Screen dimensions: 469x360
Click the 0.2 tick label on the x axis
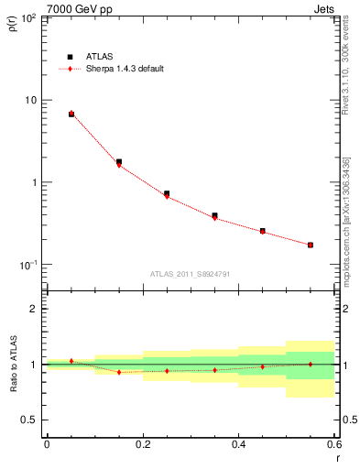142,444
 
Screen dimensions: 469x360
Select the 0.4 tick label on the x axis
238,444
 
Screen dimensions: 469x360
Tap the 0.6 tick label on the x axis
333,444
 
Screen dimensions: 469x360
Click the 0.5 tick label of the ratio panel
29,420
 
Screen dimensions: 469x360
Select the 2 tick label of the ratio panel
34,309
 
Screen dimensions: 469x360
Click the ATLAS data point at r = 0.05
71,115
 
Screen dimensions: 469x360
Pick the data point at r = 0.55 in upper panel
311,245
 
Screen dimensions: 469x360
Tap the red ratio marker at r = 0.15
119,372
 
